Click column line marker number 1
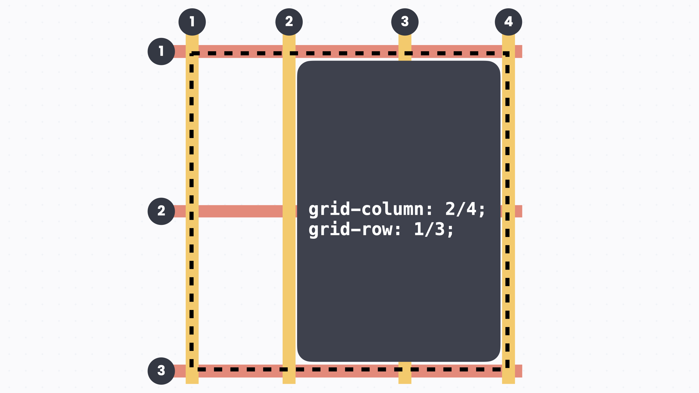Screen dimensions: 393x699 point(192,22)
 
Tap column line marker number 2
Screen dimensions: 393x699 point(289,22)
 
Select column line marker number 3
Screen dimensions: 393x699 point(405,22)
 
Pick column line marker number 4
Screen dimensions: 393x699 point(508,22)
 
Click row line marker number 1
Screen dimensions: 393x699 point(161,51)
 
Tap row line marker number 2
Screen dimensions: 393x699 point(161,211)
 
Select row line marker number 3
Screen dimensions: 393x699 point(161,371)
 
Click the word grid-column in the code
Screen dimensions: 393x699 point(366,210)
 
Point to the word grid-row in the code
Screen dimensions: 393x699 point(350,230)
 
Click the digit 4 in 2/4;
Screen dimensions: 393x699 point(471,209)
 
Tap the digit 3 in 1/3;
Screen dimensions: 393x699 point(440,229)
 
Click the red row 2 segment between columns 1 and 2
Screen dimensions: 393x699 point(240,211)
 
